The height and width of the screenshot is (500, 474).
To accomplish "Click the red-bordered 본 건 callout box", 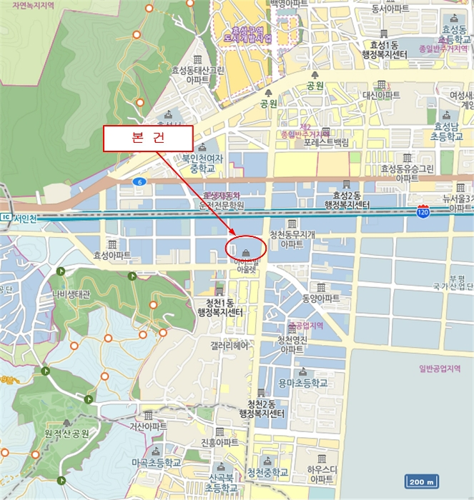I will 148,138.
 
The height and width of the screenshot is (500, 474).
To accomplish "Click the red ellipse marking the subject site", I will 245,248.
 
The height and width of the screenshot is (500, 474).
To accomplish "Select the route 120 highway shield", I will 423,212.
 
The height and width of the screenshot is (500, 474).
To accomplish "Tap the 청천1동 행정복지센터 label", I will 219,308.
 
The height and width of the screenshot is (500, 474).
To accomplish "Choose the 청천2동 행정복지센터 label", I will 262,409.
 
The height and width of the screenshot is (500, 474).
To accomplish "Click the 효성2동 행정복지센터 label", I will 347,200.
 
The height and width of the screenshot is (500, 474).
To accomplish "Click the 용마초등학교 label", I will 302,384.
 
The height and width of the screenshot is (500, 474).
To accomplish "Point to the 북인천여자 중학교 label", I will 202,164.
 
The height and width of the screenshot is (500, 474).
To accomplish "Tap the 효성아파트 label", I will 112,254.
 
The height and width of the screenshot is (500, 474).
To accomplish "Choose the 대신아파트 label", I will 381,95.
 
